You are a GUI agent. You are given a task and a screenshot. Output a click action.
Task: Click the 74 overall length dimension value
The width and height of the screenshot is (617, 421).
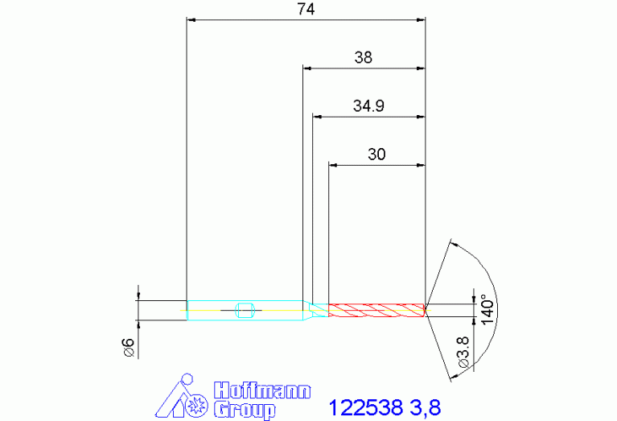click(x=306, y=9)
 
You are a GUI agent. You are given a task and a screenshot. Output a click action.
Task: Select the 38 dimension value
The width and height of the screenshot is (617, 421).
click(x=363, y=57)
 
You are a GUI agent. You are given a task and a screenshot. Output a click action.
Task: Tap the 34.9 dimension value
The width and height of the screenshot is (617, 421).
click(x=368, y=106)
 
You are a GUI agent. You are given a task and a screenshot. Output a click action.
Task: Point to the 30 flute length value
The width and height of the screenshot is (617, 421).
click(x=376, y=155)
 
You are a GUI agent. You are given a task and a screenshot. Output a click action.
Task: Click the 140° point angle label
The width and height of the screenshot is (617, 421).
click(x=487, y=310)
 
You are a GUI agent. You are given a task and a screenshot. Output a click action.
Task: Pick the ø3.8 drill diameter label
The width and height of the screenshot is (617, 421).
click(x=464, y=352)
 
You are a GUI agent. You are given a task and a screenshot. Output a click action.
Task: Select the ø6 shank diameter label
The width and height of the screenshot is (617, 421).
click(x=129, y=348)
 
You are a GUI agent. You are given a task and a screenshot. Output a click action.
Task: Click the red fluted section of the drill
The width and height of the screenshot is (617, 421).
click(x=376, y=311)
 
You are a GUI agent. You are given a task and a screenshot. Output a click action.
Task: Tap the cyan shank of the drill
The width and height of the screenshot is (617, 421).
click(x=245, y=311)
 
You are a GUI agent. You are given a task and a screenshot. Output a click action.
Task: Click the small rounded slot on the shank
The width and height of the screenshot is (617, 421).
click(x=245, y=311)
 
